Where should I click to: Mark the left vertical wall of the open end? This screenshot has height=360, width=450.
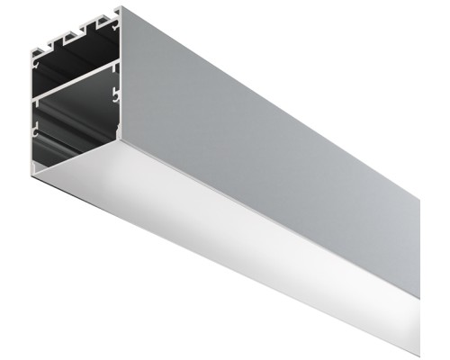pos(31,108)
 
